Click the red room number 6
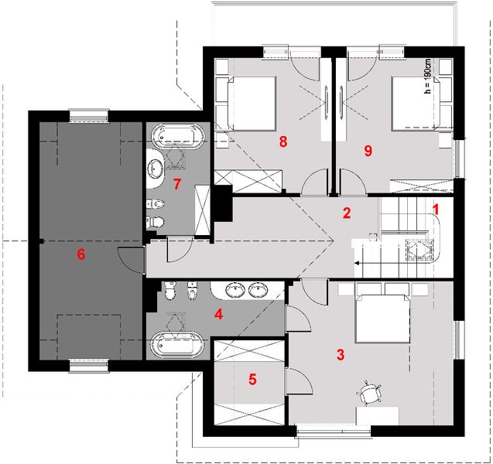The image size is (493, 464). point(81,254)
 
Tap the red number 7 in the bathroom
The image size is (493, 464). point(177,184)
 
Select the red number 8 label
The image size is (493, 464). point(283,142)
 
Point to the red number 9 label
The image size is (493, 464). point(368,151)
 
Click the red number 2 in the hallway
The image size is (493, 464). point(347,213)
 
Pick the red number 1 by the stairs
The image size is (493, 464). point(436,210)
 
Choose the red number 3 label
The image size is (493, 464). point(341,355)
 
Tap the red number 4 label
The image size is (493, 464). point(218,314)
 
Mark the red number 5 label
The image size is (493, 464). point(252,380)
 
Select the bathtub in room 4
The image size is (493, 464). point(177,345)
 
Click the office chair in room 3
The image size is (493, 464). point(369,392)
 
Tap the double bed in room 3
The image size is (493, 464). point(382,319)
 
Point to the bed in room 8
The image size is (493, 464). point(252,104)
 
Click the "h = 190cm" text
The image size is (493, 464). point(427,77)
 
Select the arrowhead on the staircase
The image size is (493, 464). point(358,263)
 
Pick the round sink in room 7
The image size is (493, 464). point(156,168)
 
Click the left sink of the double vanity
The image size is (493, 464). point(236,290)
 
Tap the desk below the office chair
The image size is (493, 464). point(378,416)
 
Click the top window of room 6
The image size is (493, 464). point(89,115)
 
